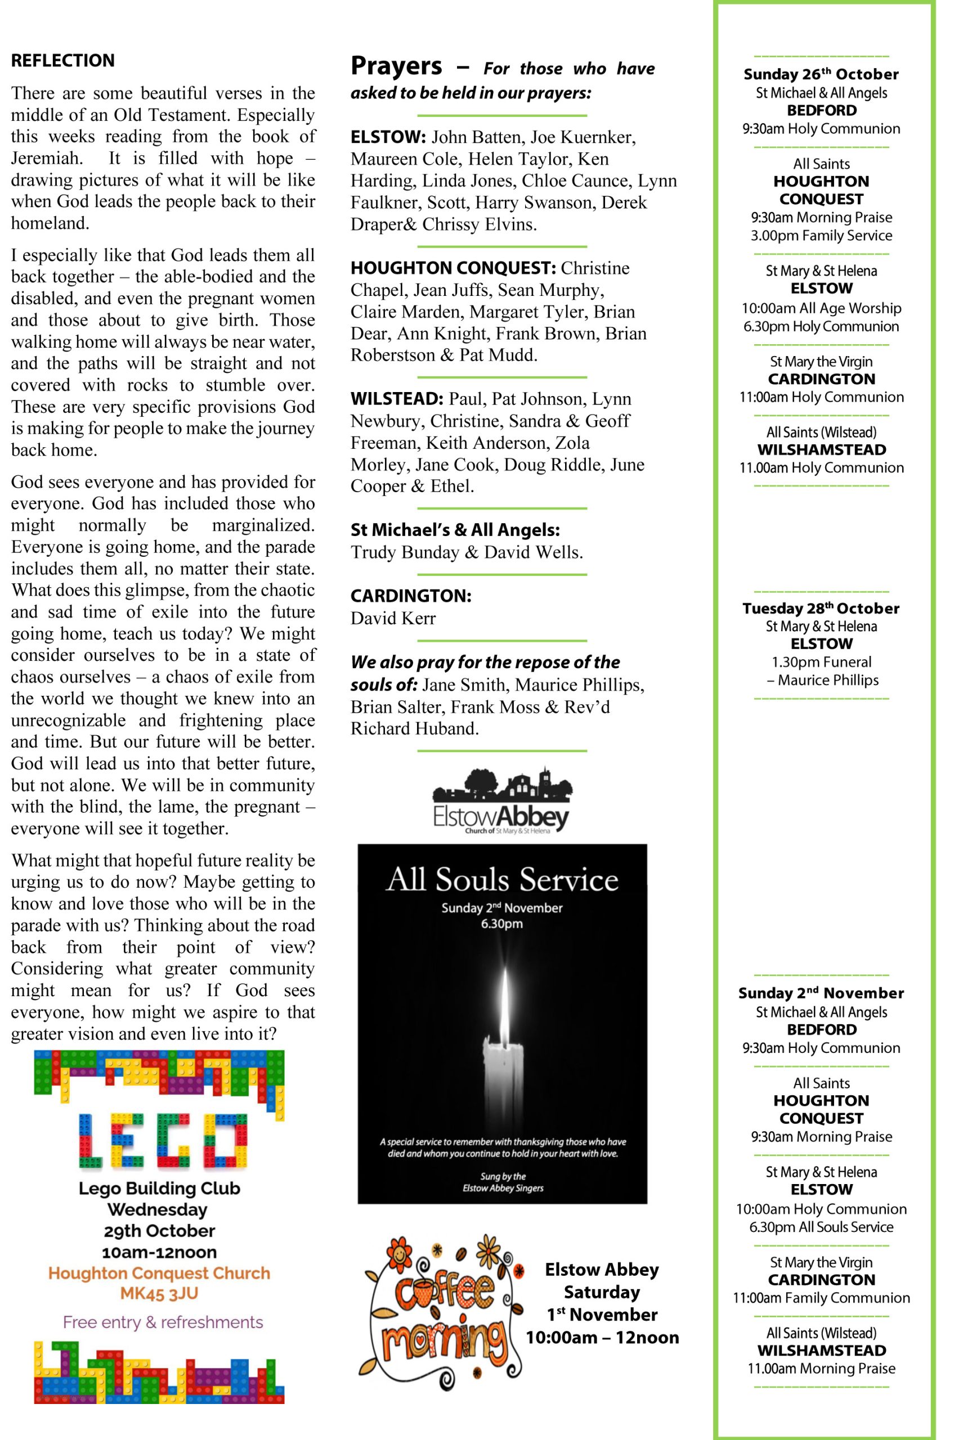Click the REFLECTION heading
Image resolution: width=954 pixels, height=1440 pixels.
coord(62,61)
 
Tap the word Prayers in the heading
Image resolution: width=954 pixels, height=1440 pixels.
coord(396,66)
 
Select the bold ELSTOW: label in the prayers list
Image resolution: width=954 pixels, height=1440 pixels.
coord(388,137)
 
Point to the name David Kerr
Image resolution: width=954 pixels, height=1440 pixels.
coord(393,618)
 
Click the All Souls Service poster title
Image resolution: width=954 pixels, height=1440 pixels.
coord(502,879)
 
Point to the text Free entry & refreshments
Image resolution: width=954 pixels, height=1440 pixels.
coord(163,1322)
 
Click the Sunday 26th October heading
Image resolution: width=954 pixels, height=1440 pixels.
coord(821,74)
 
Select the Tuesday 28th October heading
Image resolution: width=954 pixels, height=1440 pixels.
coord(821,608)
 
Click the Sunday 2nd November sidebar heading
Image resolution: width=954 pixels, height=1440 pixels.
coord(821,993)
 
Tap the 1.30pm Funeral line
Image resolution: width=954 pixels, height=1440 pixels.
coord(821,661)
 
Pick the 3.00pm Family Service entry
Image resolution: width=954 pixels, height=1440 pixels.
coord(821,235)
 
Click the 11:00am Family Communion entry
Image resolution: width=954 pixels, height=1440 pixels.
coord(821,1298)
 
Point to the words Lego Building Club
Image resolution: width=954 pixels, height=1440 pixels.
coord(159,1187)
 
